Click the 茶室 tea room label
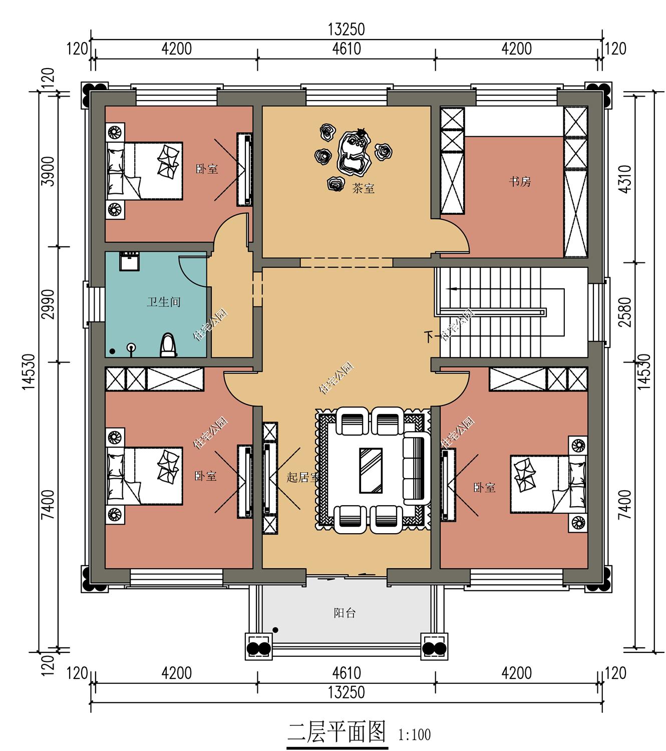363,189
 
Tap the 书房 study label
519,182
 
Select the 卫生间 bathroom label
164,302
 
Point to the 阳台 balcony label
345,613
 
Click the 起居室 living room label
302,477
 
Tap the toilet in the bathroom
168,345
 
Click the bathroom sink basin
129,261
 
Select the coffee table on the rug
371,471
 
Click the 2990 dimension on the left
49,304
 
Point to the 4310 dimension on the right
625,179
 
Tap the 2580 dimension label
625,312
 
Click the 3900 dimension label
49,171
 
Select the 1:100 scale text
414,734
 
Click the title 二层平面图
337,731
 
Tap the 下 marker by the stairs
429,337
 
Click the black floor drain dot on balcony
275,630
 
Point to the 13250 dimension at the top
347,30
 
